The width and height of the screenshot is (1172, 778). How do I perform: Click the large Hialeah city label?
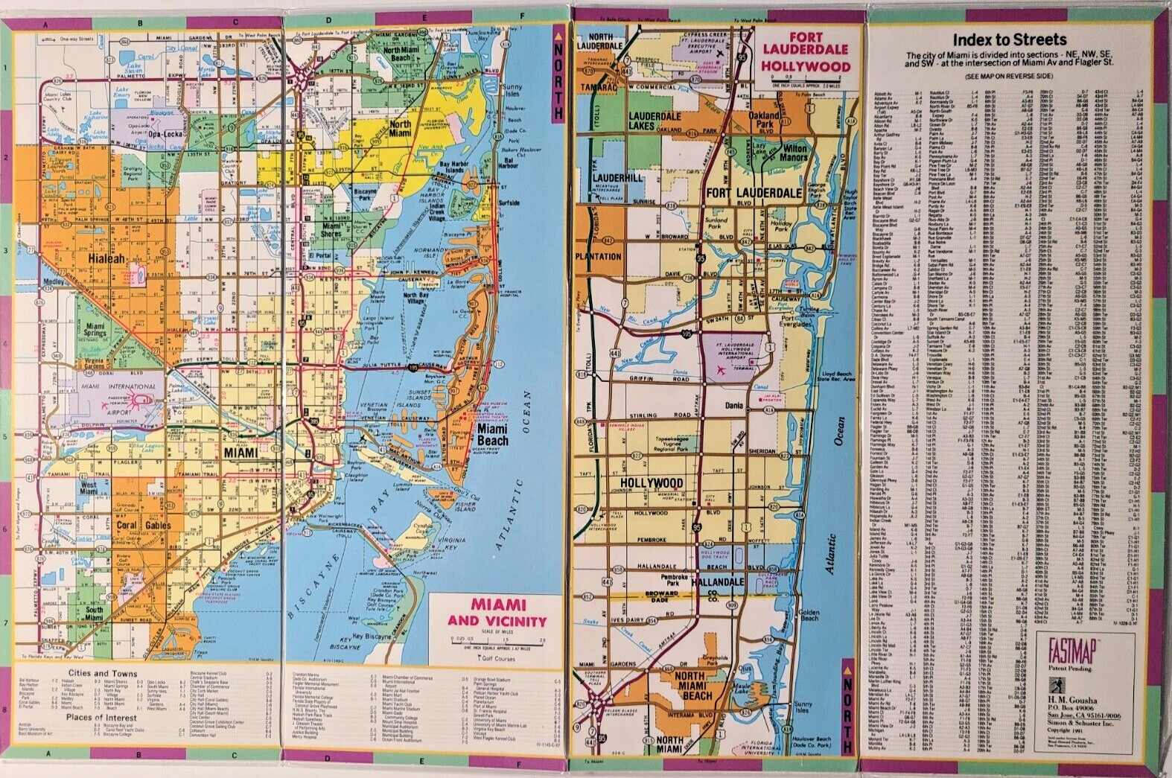tap(106, 259)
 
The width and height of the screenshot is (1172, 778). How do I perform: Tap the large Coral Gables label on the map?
tap(143, 525)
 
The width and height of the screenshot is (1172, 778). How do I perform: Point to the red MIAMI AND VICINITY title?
tap(497, 613)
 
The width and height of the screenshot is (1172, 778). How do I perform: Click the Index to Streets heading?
tap(1010, 39)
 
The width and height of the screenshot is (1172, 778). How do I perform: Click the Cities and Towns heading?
tap(102, 673)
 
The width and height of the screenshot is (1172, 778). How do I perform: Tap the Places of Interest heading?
tap(101, 718)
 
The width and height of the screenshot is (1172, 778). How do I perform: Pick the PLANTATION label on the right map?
tap(598, 257)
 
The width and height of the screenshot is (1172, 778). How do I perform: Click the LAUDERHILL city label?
tap(618, 179)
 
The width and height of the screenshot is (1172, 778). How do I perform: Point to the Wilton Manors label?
tap(794, 153)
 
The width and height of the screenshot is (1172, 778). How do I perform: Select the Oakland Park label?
tap(765, 120)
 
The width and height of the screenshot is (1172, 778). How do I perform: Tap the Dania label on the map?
tap(734, 406)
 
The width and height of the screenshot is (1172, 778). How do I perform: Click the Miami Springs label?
tap(95, 330)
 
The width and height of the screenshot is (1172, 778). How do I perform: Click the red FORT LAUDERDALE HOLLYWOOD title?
tap(805, 51)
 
